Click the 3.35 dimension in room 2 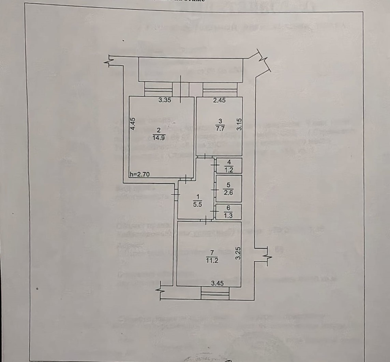[x=165, y=100]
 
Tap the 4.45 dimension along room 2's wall [x=134, y=124]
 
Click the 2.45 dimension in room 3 [x=220, y=100]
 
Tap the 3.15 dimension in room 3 [x=239, y=124]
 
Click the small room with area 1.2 [x=229, y=166]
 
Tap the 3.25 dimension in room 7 [x=239, y=253]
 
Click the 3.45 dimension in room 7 [x=217, y=283]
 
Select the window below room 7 [x=215, y=293]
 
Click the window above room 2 [x=158, y=89]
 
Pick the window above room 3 [x=220, y=89]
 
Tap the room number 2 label [x=159, y=130]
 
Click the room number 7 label [x=212, y=252]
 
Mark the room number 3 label [x=220, y=121]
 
